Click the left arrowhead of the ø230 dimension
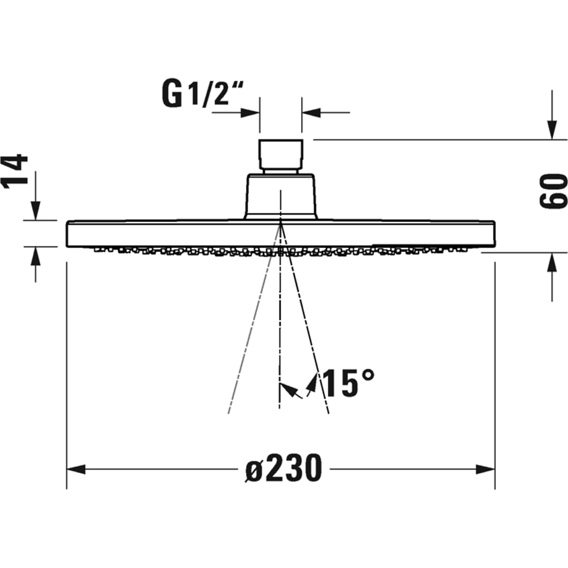tap(76, 469)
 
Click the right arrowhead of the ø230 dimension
tap(486, 469)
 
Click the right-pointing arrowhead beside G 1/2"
tap(250, 112)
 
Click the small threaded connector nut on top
tap(281, 154)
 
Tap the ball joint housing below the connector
tap(281, 196)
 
